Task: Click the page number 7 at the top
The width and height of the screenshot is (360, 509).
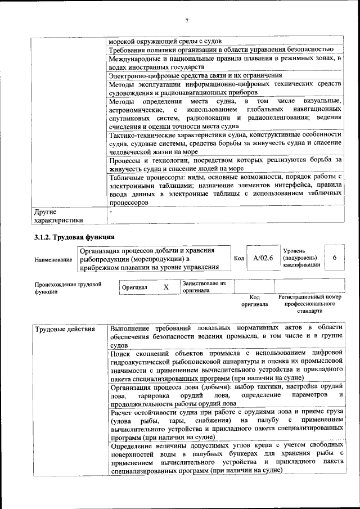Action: tap(186, 21)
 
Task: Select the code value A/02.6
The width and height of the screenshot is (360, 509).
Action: tap(263, 258)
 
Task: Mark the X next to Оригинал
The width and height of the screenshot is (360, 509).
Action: tap(166, 287)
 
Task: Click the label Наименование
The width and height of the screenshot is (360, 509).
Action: tap(53, 259)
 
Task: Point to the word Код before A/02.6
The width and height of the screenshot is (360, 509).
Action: tap(238, 258)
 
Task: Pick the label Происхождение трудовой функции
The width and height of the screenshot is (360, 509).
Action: tap(67, 287)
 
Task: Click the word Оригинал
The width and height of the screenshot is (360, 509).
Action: tap(134, 287)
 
